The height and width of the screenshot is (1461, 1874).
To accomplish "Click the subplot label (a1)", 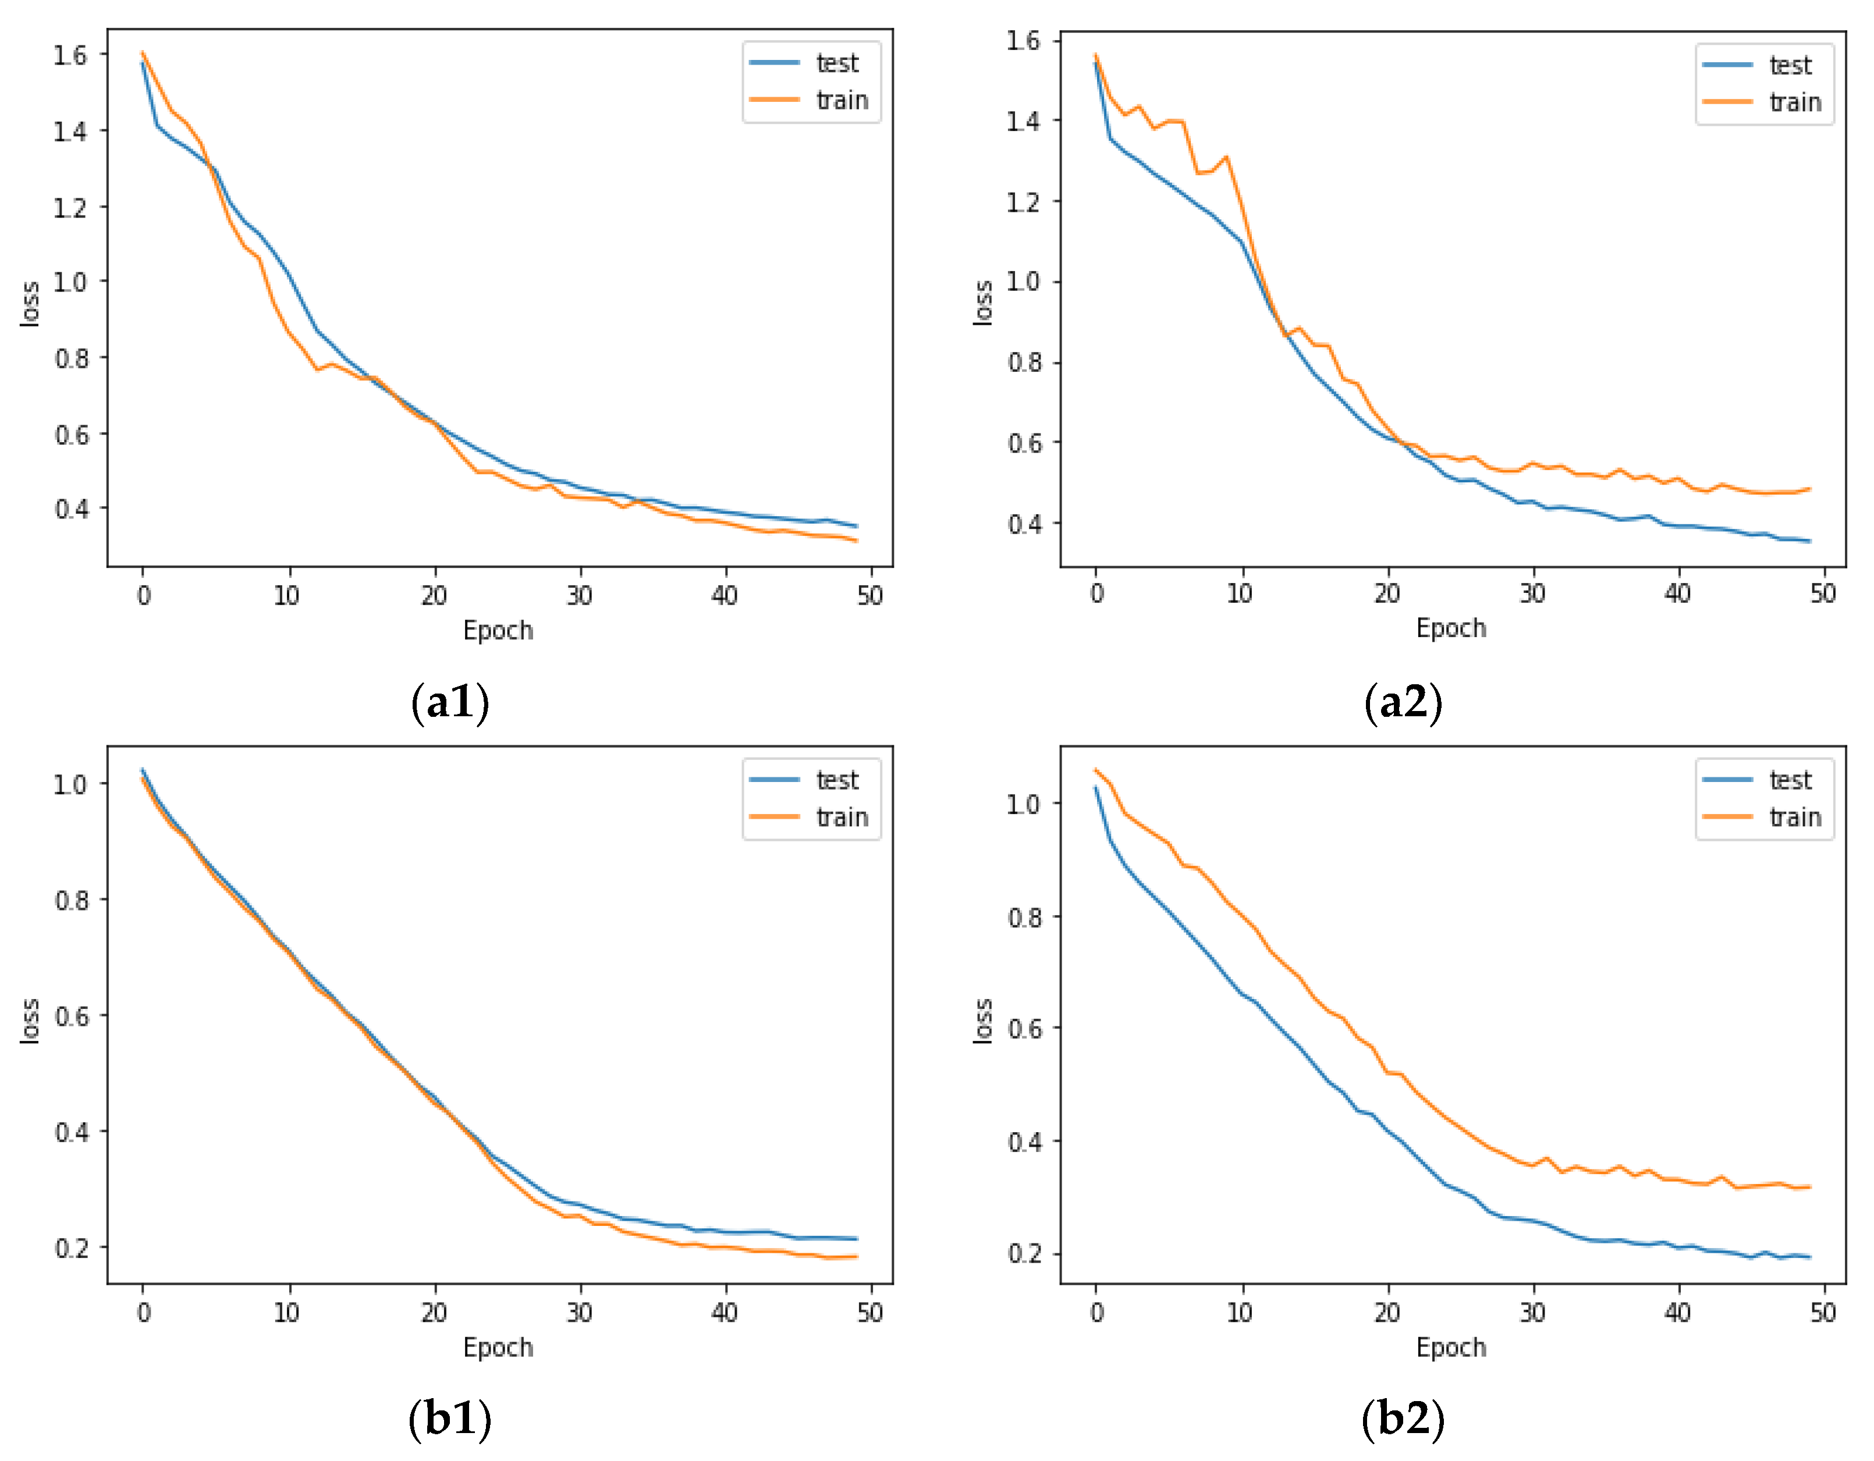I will click(450, 701).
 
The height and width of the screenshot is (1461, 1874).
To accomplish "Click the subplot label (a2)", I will click(1403, 701).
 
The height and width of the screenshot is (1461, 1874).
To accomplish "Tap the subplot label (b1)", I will click(450, 1417).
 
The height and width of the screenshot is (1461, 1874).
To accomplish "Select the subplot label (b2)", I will click(1403, 1417).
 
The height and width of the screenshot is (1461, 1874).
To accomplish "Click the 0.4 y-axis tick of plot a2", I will click(1024, 523).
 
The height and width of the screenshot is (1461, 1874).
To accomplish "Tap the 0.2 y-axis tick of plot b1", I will click(70, 1247).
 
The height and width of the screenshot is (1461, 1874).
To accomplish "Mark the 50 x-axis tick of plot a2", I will click(1823, 593).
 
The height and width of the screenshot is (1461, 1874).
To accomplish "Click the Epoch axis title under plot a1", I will click(498, 631).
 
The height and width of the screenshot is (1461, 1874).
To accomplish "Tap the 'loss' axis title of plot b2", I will click(982, 1021).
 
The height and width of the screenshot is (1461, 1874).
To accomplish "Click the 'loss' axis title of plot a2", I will click(982, 303).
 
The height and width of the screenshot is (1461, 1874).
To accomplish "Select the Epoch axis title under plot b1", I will click(498, 1348).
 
